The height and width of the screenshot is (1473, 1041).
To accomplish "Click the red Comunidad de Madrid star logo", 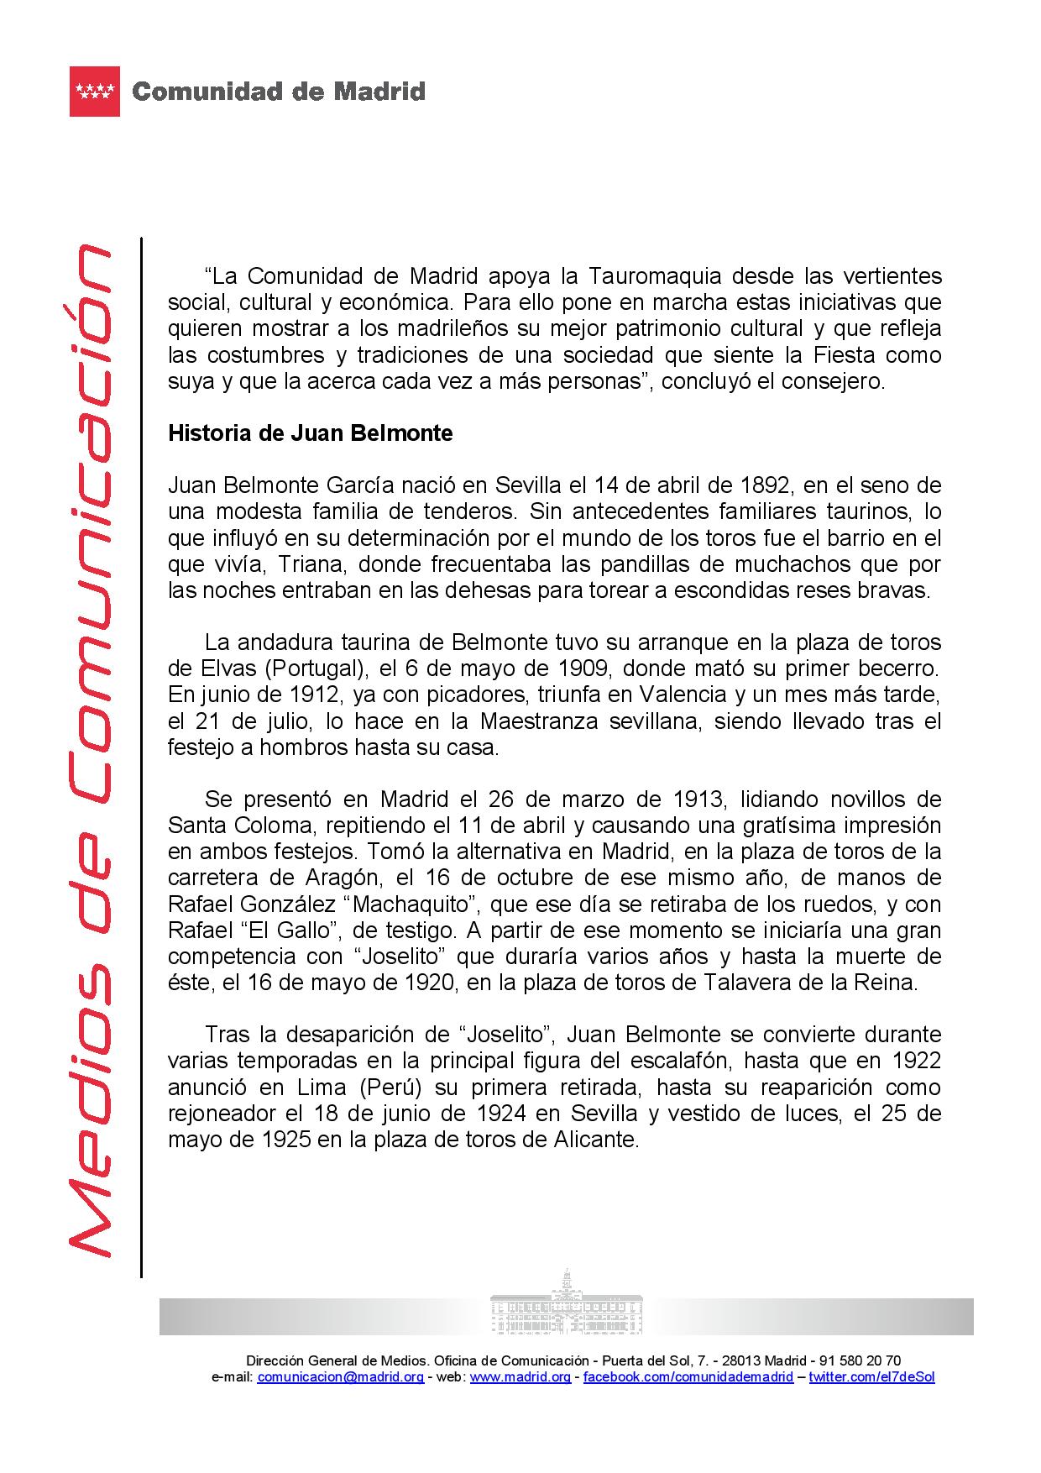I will click(95, 92).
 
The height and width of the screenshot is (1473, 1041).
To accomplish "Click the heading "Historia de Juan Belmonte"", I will click(310, 433).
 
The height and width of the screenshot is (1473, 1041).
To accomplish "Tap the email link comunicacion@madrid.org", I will click(340, 1376).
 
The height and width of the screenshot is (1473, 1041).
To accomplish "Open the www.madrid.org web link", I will click(520, 1376).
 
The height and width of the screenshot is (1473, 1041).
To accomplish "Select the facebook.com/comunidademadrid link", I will click(688, 1376).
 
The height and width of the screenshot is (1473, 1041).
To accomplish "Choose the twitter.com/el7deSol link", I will click(871, 1376).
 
